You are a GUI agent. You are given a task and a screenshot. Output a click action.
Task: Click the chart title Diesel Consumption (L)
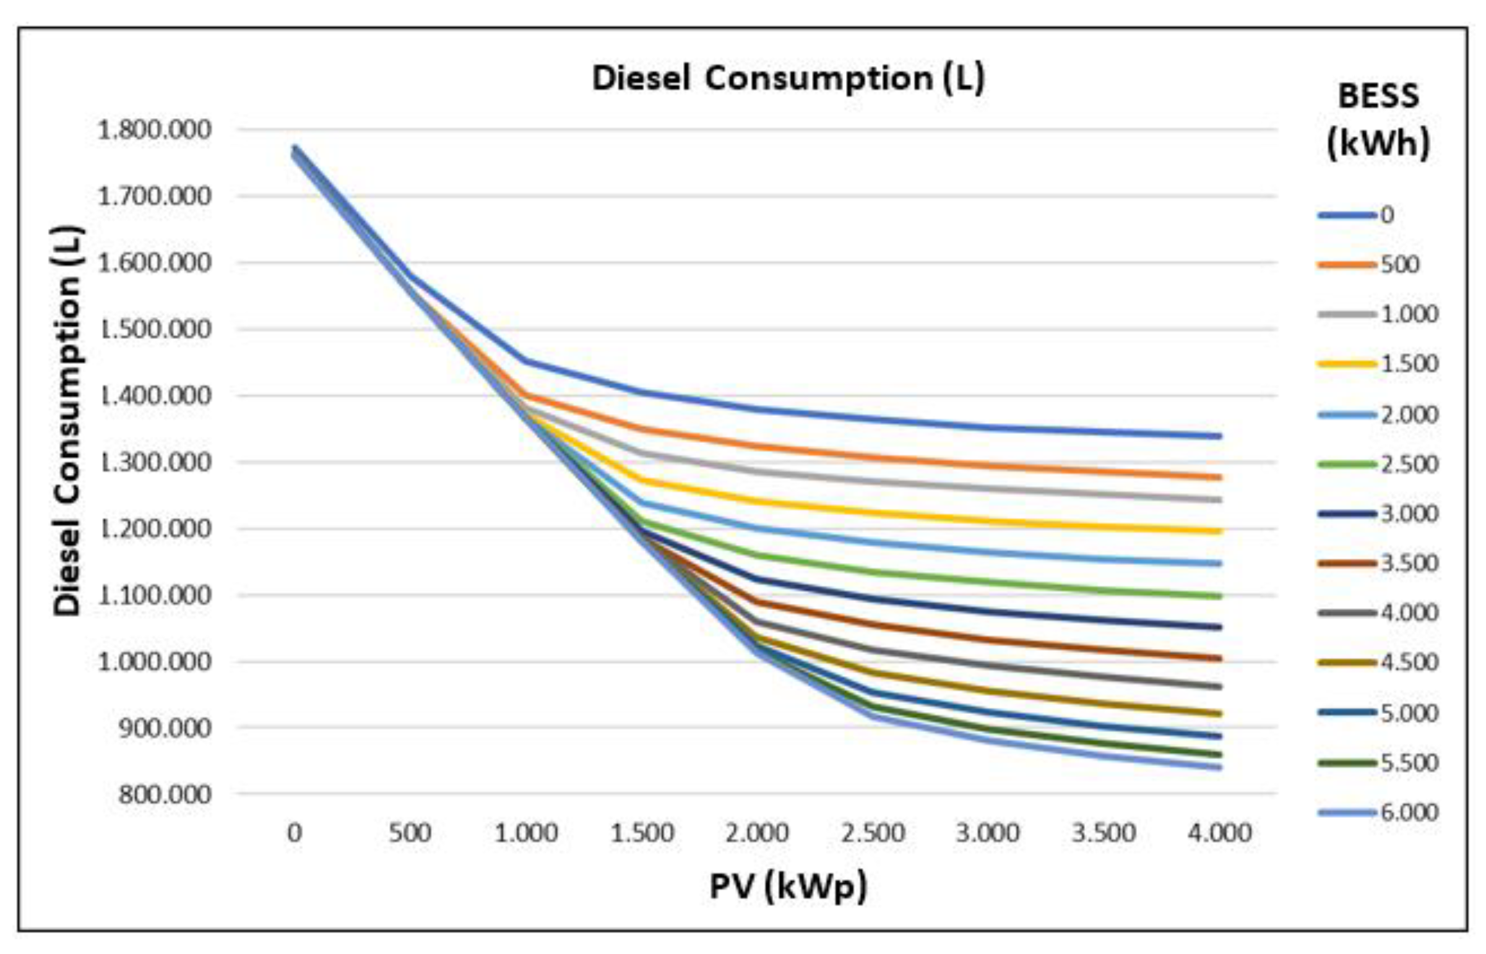(x=788, y=79)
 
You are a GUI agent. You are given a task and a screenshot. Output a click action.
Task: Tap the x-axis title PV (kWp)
(x=788, y=887)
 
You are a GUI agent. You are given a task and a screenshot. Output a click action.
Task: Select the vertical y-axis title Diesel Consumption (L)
(x=67, y=421)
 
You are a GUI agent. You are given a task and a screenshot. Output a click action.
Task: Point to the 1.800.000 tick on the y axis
(x=154, y=130)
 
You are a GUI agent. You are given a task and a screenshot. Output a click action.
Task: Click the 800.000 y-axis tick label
(x=164, y=794)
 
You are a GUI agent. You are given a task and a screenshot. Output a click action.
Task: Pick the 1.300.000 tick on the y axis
(x=154, y=462)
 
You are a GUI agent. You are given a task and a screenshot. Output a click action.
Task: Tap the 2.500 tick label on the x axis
(x=873, y=833)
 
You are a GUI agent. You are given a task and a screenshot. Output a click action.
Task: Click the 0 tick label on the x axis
(x=295, y=833)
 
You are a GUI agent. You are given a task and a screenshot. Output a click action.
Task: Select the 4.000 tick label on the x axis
(x=1219, y=833)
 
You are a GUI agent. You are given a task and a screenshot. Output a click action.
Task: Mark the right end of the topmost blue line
(x=1219, y=436)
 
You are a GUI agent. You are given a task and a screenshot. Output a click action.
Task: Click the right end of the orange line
(x=1219, y=478)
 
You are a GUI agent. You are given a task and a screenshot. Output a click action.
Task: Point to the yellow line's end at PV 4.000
(x=1219, y=531)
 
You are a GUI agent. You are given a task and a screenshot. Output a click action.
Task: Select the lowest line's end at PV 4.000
(x=1219, y=768)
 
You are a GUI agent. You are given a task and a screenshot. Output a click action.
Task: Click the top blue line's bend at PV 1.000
(x=526, y=361)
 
